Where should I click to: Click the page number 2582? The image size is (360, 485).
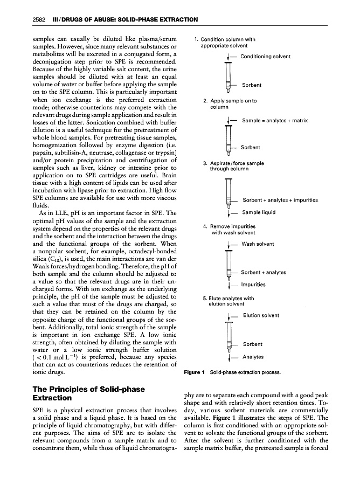[x=34, y=20]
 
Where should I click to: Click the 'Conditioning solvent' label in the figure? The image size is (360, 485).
[x=265, y=57]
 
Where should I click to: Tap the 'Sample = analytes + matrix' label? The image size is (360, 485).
[x=275, y=121]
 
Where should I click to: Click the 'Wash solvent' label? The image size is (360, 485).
[x=258, y=244]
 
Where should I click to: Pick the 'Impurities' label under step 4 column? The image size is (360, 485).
[x=253, y=285]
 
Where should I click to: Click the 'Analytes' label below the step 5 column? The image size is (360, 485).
[x=253, y=357]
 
